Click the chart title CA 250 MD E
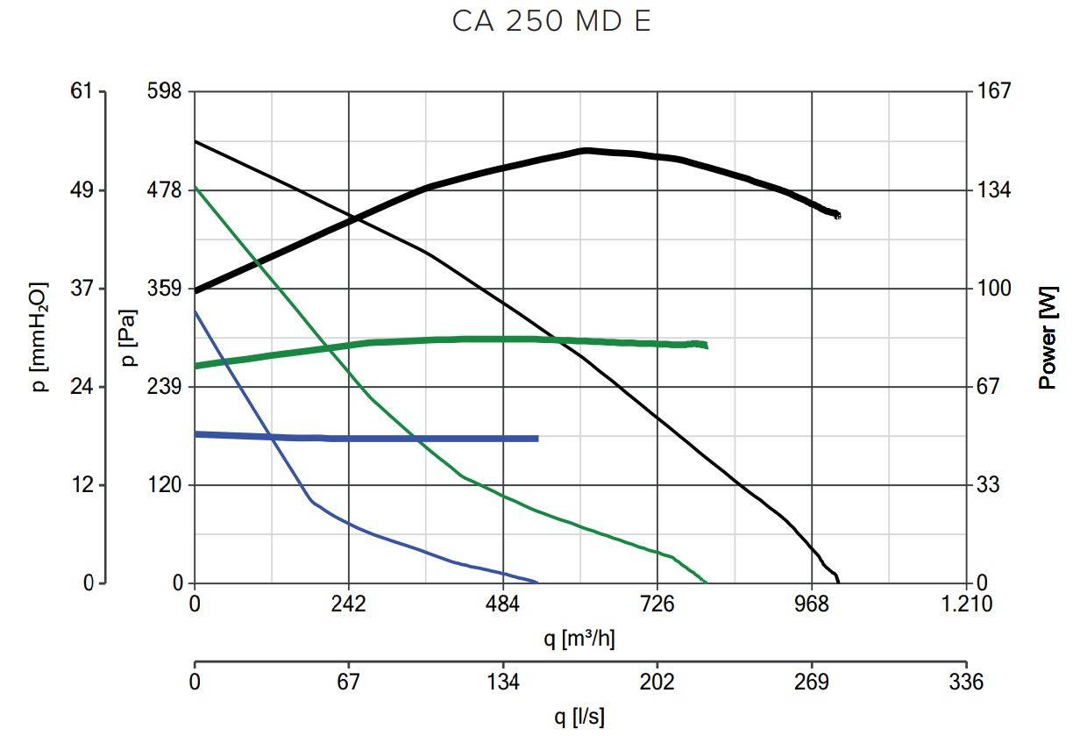pos(551,22)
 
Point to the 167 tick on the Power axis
pos(994,91)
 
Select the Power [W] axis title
pos(1048,338)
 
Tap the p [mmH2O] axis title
pos(39,338)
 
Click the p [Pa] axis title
pos(128,338)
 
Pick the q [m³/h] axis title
pos(579,639)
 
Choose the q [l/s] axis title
pos(579,717)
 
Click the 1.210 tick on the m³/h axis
pos(966,604)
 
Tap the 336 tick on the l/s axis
pos(966,682)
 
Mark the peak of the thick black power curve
pos(585,150)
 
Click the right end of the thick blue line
pos(536,439)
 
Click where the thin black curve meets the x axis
pos(839,582)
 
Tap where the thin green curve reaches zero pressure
pos(707,582)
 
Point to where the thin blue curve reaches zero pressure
pos(536,582)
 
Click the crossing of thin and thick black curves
pos(354,219)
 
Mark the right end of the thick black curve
pos(838,215)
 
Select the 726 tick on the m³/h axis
pos(657,604)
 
